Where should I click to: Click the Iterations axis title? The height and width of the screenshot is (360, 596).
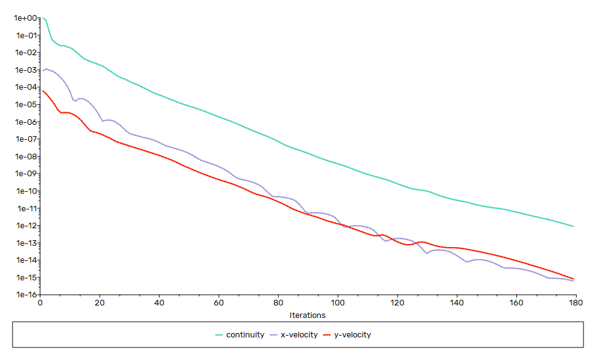[307, 315]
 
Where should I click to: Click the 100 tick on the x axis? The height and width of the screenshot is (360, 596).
[338, 303]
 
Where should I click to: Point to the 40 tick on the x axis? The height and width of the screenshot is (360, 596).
[159, 303]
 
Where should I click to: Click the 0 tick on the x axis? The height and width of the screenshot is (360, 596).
[40, 303]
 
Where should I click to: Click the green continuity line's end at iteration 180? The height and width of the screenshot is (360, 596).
[573, 226]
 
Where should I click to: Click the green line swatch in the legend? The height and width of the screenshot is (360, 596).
[219, 335]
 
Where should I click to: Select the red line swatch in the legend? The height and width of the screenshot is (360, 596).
[327, 335]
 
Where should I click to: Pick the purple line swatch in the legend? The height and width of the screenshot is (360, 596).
[274, 335]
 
